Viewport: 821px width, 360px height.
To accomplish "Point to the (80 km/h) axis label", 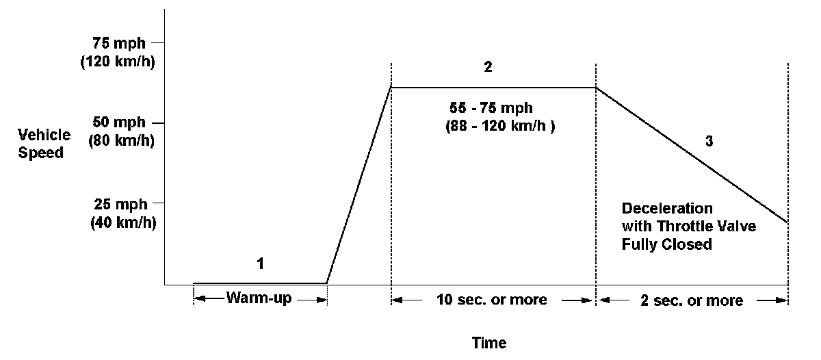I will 122,142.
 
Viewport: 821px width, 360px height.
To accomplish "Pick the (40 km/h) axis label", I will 122,222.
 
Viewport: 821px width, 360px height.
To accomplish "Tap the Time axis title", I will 489,342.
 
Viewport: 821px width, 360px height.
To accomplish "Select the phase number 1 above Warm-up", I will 259,264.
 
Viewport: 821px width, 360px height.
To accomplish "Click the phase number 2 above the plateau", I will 488,68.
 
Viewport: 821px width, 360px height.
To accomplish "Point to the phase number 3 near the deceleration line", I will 709,142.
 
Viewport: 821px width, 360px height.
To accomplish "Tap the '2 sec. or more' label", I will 692,300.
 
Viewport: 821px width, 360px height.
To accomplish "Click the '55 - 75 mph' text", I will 491,109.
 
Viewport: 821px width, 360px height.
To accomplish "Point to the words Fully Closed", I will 667,244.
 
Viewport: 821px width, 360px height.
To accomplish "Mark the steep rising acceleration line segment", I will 359,185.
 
